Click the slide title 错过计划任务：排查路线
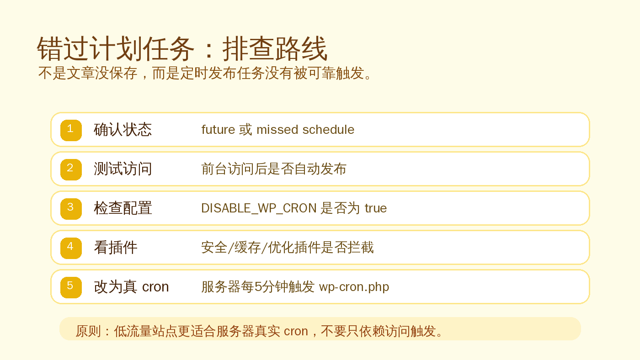(182, 49)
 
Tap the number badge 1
(71, 130)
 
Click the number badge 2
(71, 169)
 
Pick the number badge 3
(71, 208)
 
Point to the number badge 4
(71, 248)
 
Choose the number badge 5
(71, 287)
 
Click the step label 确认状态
(123, 130)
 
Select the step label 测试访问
(123, 169)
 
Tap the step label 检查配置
(123, 208)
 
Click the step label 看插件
(115, 248)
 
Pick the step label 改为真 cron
(131, 287)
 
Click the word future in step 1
(218, 130)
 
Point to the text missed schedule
(305, 130)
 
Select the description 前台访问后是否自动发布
(273, 169)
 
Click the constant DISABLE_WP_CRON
(259, 208)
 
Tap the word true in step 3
(375, 208)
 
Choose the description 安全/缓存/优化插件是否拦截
(287, 248)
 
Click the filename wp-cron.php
(354, 287)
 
